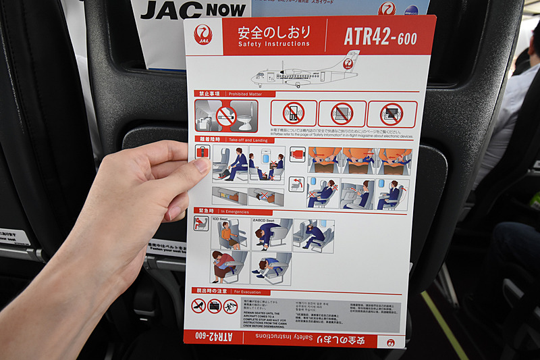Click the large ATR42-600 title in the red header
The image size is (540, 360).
pos(380,36)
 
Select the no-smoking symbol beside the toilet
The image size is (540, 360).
pos(226,115)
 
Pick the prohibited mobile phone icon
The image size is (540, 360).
pos(294,113)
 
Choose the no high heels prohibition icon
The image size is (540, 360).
pos(198,305)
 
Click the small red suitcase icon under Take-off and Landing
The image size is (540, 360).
pos(202,152)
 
